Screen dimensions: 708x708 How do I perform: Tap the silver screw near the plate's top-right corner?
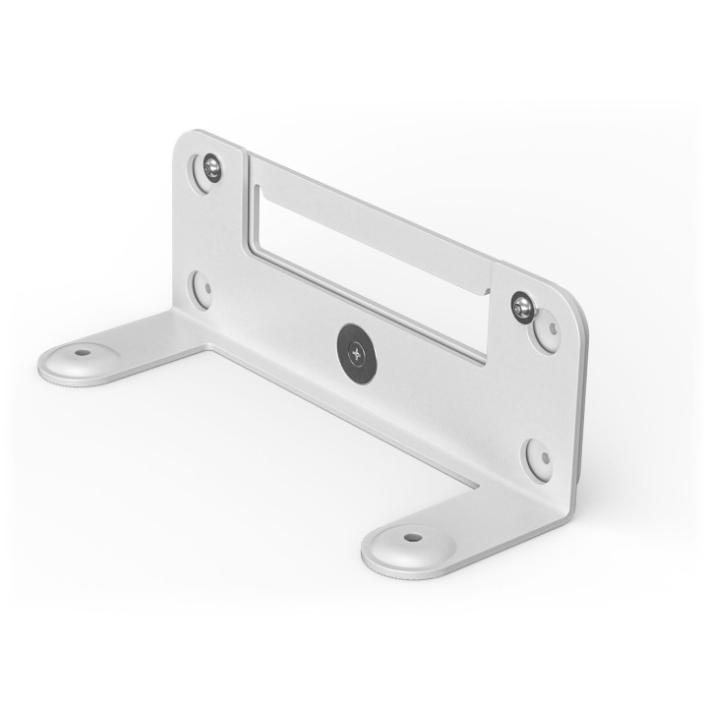point(521,307)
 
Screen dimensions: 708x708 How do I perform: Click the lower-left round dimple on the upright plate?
point(203,288)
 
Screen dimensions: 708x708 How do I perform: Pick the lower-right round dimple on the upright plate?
point(538,457)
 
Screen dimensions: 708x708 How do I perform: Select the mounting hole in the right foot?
point(412,538)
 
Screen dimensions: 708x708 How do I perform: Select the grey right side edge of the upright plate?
point(582,413)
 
